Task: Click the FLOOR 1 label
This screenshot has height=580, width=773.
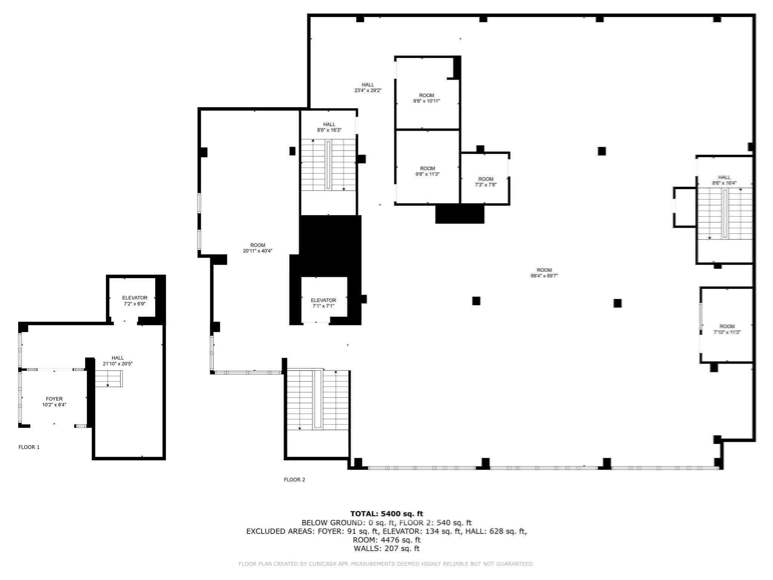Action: pyautogui.click(x=29, y=447)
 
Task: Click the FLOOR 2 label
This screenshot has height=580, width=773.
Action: pyautogui.click(x=294, y=480)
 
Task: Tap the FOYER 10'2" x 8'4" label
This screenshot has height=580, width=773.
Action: pyautogui.click(x=54, y=402)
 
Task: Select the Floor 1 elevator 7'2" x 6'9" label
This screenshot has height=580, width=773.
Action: pyautogui.click(x=135, y=301)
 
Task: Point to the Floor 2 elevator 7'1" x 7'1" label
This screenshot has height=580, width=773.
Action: pyautogui.click(x=323, y=303)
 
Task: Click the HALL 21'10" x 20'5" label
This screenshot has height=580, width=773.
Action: pyautogui.click(x=118, y=361)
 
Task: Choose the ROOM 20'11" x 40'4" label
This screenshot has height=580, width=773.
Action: pyautogui.click(x=257, y=248)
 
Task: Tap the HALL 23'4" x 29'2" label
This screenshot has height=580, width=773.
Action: pyautogui.click(x=368, y=88)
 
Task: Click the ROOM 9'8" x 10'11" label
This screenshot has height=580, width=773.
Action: pyautogui.click(x=427, y=98)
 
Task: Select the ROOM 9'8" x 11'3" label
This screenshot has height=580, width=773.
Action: pyautogui.click(x=427, y=171)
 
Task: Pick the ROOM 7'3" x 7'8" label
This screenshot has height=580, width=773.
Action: pyautogui.click(x=486, y=182)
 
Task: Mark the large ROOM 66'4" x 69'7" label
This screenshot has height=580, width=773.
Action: pyautogui.click(x=544, y=273)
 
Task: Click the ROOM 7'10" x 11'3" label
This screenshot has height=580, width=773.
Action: pyautogui.click(x=727, y=329)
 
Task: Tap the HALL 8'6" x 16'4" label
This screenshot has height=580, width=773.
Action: pyautogui.click(x=724, y=180)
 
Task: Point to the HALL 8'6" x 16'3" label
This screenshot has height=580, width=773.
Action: pyautogui.click(x=329, y=127)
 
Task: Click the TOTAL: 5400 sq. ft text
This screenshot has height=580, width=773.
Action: pyautogui.click(x=386, y=514)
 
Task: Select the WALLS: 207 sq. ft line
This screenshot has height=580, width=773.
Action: pyautogui.click(x=386, y=548)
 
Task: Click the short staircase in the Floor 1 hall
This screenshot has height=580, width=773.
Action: pyautogui.click(x=108, y=379)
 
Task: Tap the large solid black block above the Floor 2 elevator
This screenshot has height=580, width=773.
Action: pyautogui.click(x=330, y=245)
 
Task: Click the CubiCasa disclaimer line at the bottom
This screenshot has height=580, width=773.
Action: pyautogui.click(x=386, y=564)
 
